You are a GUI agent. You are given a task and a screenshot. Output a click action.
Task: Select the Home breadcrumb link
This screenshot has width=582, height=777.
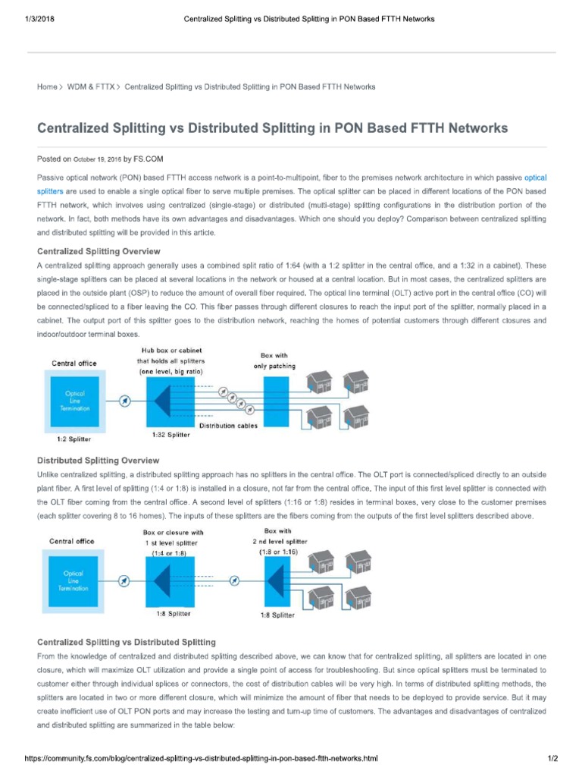pyautogui.click(x=47, y=87)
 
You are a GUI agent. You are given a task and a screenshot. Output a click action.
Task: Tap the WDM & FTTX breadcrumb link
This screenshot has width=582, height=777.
pyautogui.click(x=91, y=87)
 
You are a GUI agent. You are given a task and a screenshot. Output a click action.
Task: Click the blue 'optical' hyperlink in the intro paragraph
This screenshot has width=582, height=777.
pyautogui.click(x=535, y=177)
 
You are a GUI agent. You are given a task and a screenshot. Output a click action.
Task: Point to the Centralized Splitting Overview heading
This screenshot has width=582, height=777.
pyautogui.click(x=99, y=251)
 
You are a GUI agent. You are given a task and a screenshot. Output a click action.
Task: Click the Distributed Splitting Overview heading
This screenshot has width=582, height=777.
pyautogui.click(x=99, y=461)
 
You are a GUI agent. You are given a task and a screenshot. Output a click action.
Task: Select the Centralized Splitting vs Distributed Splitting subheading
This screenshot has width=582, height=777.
pyautogui.click(x=127, y=642)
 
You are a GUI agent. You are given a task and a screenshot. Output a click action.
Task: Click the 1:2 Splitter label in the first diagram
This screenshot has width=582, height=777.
pyautogui.click(x=74, y=439)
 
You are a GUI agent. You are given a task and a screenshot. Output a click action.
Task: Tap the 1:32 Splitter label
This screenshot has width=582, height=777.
pyautogui.click(x=172, y=435)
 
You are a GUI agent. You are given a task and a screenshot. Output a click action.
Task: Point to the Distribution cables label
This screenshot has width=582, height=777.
pyautogui.click(x=228, y=426)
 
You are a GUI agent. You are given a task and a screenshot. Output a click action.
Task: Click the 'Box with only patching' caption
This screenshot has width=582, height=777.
pyautogui.click(x=274, y=360)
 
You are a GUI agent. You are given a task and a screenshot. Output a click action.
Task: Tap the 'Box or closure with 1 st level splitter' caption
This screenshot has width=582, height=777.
pyautogui.click(x=173, y=543)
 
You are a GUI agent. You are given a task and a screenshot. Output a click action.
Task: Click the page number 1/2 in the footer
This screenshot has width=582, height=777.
pyautogui.click(x=552, y=759)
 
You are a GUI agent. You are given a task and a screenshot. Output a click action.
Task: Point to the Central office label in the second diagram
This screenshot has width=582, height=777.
pyautogui.click(x=72, y=541)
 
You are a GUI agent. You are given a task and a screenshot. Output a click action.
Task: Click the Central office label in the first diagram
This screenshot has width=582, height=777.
pyautogui.click(x=74, y=363)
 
